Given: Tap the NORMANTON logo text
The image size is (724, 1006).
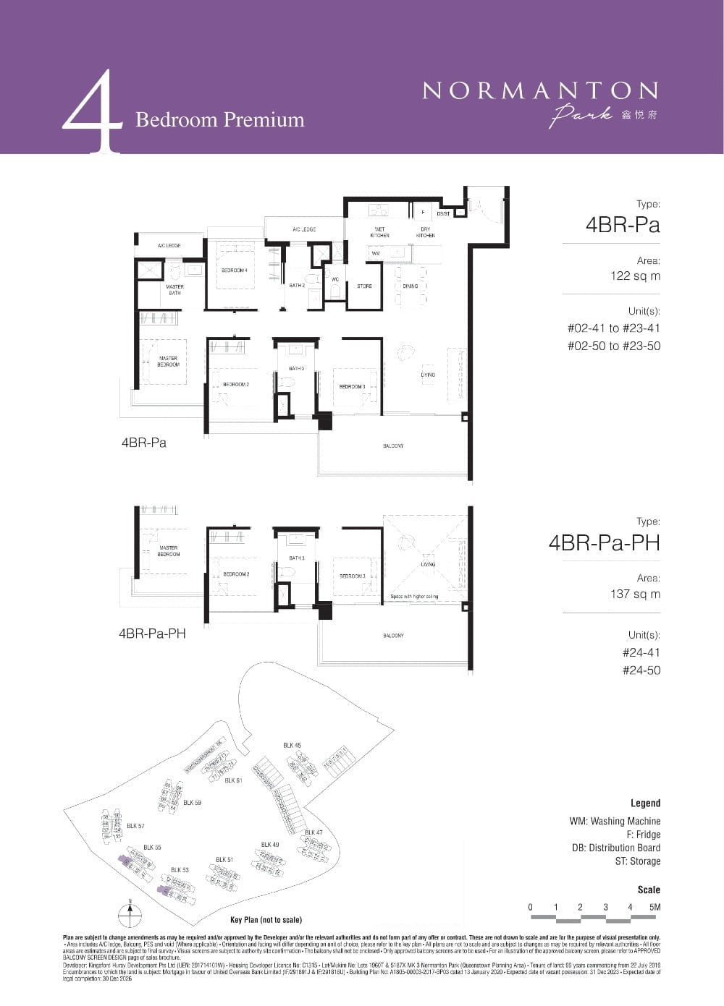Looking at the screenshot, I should [x=540, y=91].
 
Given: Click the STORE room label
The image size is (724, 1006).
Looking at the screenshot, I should [x=364, y=286].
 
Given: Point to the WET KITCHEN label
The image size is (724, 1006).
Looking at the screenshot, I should [x=379, y=232].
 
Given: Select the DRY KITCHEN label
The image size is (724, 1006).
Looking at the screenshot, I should [x=425, y=232].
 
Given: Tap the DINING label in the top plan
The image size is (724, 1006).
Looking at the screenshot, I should [x=411, y=286].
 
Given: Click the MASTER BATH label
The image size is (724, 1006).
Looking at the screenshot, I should [x=174, y=289].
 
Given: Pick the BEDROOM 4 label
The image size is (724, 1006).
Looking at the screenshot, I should [x=235, y=270].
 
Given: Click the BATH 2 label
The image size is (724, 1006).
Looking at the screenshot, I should [x=296, y=286].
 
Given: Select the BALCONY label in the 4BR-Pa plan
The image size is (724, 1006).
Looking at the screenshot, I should [x=393, y=446].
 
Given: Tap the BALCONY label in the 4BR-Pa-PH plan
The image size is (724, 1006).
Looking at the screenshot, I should [x=393, y=636].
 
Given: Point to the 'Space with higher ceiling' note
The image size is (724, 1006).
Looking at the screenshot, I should [x=414, y=597].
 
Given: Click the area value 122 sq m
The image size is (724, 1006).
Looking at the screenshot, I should [x=635, y=276].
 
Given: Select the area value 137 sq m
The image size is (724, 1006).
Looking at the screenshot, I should [x=635, y=594].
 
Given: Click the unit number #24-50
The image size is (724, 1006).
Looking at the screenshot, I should [x=641, y=670].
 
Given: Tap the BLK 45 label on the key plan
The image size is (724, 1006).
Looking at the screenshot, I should [x=292, y=745].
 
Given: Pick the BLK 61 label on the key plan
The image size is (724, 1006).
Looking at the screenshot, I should [x=233, y=780].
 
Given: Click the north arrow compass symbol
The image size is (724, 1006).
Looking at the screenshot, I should [x=129, y=913].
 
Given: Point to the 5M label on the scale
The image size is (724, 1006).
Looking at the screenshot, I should [x=655, y=907].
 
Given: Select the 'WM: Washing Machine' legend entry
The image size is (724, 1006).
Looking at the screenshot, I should [x=615, y=822].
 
